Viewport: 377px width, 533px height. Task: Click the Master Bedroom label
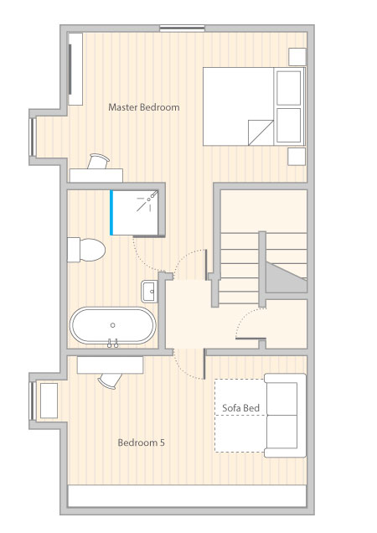click(144, 107)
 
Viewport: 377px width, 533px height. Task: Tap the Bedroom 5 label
click(141, 442)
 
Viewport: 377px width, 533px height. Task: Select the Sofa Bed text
click(240, 408)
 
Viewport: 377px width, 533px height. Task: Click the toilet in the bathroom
click(86, 250)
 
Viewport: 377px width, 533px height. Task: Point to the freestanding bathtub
click(113, 326)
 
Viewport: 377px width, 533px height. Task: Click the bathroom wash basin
click(150, 292)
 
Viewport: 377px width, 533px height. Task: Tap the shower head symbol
click(147, 201)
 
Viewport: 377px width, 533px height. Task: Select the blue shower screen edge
click(111, 213)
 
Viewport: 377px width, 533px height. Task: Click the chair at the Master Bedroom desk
click(98, 161)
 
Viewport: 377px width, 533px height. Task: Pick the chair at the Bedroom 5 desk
click(110, 380)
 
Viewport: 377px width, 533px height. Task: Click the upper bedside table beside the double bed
click(297, 57)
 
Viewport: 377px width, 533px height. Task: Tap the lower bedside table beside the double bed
click(297, 157)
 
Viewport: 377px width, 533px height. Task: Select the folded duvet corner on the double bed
click(261, 132)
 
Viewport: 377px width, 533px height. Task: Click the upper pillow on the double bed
click(288, 88)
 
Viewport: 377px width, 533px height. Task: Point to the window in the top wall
click(182, 28)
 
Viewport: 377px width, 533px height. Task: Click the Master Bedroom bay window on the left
click(33, 137)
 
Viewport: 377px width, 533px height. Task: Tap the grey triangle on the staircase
click(286, 277)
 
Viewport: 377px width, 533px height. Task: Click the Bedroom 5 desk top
click(110, 365)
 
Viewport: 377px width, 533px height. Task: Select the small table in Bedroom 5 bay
click(49, 401)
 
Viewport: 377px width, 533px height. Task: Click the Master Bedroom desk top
click(96, 175)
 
